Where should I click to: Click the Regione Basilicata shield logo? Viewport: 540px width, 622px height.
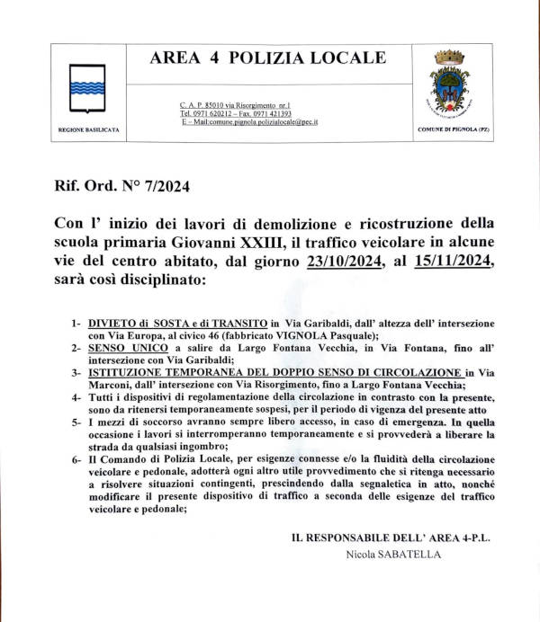point(87,88)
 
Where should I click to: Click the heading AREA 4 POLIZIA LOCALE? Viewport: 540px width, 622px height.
point(267,58)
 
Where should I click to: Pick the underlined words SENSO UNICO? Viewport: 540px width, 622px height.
point(125,346)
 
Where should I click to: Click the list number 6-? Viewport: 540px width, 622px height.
point(76,461)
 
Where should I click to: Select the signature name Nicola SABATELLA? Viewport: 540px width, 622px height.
point(394,555)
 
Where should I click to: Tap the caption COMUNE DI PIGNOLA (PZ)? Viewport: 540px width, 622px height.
point(453,130)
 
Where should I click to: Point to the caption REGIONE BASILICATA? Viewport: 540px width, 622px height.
point(88,130)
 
